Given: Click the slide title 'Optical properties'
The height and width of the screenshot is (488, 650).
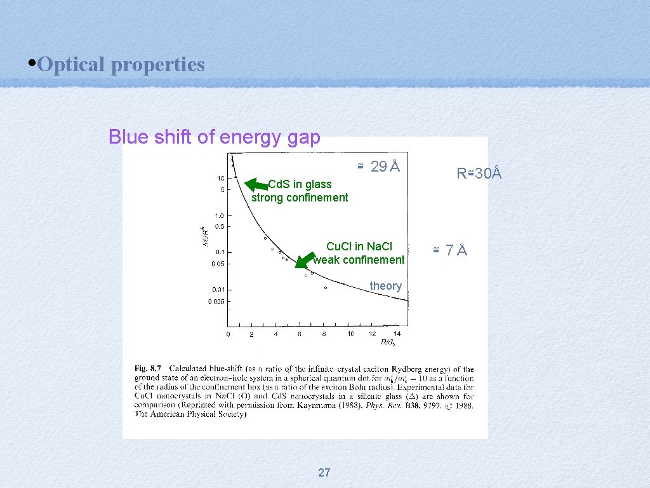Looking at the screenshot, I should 121,64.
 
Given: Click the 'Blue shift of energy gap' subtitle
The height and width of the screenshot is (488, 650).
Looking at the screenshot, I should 214,137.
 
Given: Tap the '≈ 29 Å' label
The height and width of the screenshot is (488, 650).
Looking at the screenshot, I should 378,166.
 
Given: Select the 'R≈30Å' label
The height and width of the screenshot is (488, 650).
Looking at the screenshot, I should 479,173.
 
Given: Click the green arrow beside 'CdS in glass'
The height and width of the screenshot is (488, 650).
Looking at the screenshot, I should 256,185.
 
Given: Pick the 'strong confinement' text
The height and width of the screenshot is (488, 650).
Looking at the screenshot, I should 300,198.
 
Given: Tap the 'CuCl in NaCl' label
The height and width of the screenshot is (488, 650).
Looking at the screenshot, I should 359,247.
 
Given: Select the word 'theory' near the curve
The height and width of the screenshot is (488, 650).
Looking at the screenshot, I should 385,286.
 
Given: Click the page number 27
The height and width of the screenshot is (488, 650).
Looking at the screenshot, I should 324,472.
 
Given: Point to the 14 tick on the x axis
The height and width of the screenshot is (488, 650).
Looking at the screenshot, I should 397,334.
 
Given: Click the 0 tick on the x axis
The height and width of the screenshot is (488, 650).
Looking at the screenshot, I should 229,334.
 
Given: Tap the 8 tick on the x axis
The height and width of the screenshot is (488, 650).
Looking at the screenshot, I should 324,334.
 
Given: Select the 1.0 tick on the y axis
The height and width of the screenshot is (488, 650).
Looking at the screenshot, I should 219,215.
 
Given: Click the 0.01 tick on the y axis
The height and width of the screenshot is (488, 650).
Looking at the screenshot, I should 218,290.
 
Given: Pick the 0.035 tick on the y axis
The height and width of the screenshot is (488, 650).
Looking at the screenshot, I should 216,302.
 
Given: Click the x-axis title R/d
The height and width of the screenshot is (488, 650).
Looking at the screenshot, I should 387,342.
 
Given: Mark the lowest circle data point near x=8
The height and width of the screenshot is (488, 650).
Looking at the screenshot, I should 326,288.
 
